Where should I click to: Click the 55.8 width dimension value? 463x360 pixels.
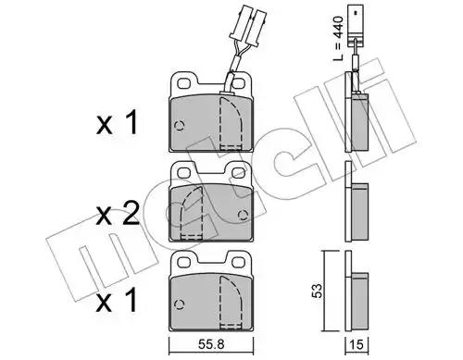[x=211, y=344]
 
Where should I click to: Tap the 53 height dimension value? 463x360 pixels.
[x=317, y=291]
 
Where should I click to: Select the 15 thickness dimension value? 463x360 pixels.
[x=357, y=344]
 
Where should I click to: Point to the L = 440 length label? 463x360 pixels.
[x=339, y=39]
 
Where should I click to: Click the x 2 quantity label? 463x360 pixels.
[x=118, y=215]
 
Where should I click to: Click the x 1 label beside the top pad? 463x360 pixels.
[x=117, y=123]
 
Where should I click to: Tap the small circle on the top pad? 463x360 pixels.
[x=180, y=125]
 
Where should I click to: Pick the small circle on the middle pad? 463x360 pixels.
[x=244, y=215]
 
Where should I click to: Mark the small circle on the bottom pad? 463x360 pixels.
[x=180, y=304]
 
